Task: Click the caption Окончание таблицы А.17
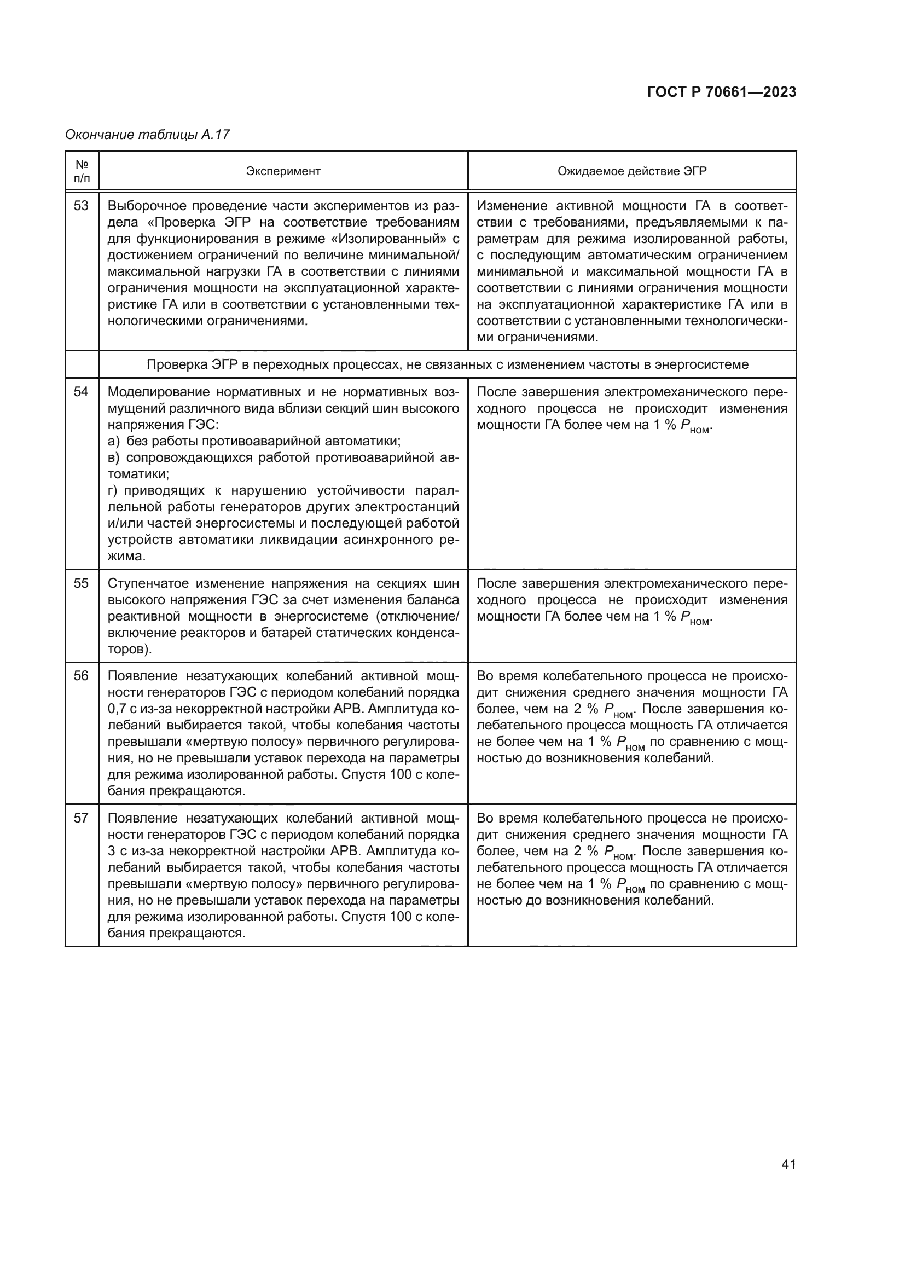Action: pyautogui.click(x=147, y=135)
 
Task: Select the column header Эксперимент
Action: pyautogui.click(x=283, y=171)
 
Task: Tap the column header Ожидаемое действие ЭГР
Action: pyautogui.click(x=632, y=171)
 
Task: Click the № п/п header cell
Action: pyautogui.click(x=82, y=171)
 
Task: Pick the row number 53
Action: pyautogui.click(x=82, y=206)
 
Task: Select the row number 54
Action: pyautogui.click(x=82, y=392)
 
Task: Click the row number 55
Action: pyautogui.click(x=82, y=583)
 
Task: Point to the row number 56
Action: pyautogui.click(x=82, y=676)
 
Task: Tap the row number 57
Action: pyautogui.click(x=82, y=818)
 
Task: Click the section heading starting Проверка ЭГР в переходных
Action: pyautogui.click(x=448, y=364)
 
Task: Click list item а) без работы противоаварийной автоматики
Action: pyautogui.click(x=254, y=441)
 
